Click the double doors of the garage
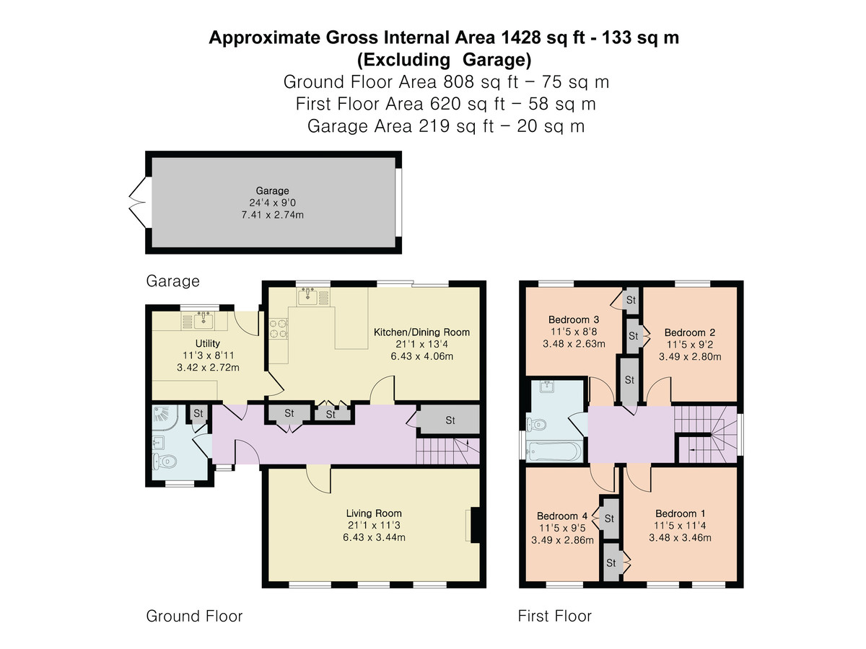click(x=136, y=203)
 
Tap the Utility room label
click(x=207, y=343)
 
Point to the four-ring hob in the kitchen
click(x=279, y=329)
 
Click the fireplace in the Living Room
click(x=473, y=524)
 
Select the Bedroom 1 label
click(x=681, y=513)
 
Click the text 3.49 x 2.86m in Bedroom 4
click(x=562, y=539)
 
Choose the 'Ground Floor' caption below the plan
click(x=194, y=616)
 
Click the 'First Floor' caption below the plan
click(x=554, y=616)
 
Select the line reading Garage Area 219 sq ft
click(x=445, y=125)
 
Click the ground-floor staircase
click(x=447, y=451)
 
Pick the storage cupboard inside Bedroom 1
click(x=612, y=562)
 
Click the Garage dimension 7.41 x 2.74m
click(x=271, y=215)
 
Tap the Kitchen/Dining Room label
click(x=421, y=332)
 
